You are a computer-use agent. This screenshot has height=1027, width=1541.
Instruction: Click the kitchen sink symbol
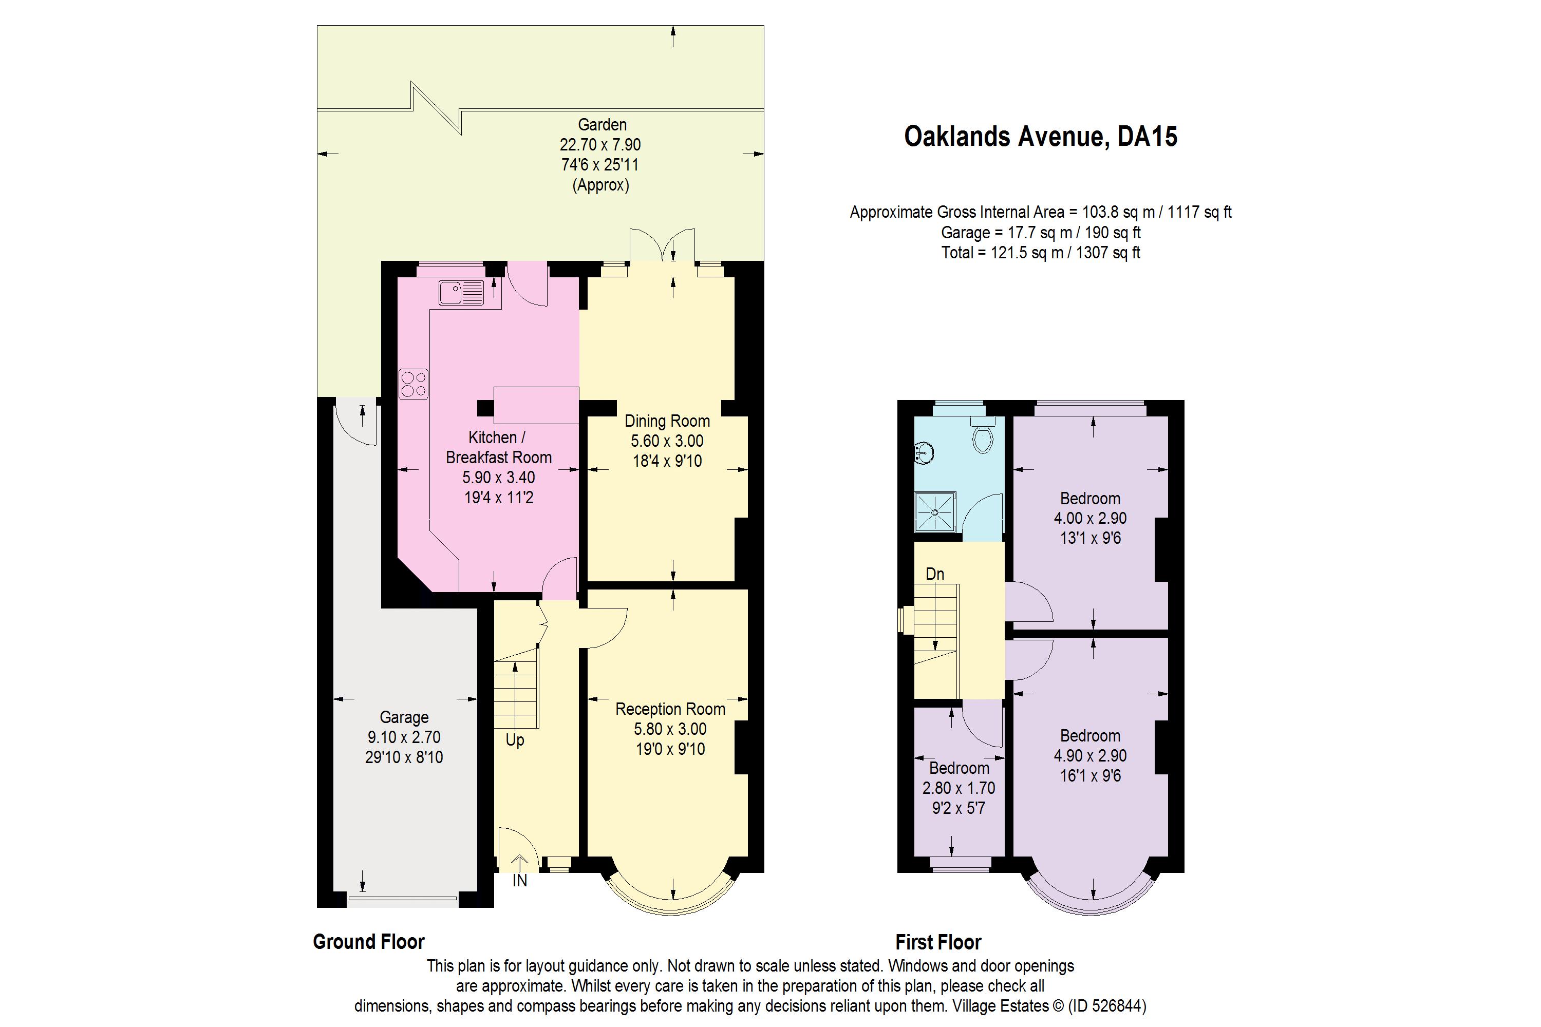461,292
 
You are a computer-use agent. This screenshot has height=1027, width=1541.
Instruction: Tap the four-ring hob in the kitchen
414,384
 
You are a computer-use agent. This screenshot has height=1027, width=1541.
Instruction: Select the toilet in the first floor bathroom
982,434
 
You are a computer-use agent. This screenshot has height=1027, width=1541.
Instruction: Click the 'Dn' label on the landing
935,574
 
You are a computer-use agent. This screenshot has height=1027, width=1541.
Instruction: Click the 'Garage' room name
404,717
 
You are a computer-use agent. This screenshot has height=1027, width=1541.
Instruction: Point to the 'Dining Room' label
667,421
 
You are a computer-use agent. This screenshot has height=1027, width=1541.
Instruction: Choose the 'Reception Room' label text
670,709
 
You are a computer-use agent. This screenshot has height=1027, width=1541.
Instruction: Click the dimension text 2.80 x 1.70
959,788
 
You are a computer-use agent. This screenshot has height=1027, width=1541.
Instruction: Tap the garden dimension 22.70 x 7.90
600,144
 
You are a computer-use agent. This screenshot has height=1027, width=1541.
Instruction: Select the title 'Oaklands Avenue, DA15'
1041,136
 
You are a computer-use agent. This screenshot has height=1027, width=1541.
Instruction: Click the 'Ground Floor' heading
369,942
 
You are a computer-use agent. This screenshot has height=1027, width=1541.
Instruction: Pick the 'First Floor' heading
938,942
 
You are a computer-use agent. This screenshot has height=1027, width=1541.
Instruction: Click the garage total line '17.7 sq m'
1041,233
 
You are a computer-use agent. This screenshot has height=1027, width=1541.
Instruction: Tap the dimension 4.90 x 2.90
1090,755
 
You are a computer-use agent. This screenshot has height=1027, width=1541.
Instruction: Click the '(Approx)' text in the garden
601,185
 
